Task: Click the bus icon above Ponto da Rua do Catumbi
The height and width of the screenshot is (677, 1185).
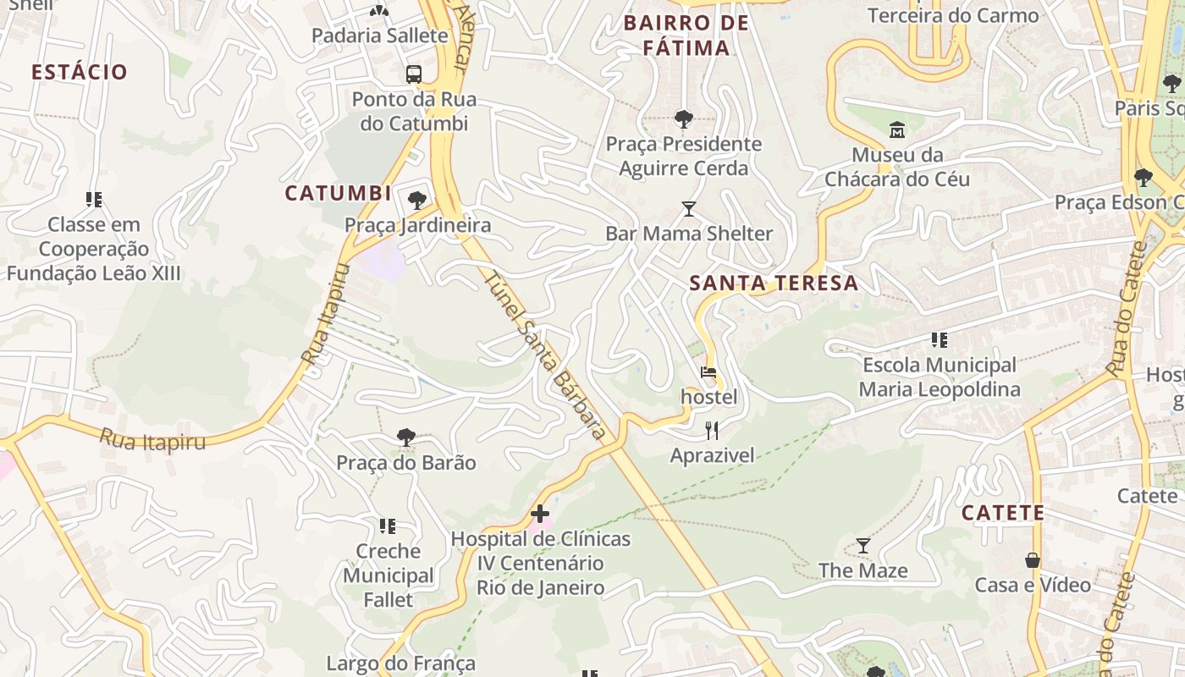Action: coord(414,74)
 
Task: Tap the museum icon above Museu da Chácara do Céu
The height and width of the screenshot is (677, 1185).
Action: coord(897,129)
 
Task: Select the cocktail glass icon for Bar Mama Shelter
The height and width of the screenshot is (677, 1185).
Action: coord(689,208)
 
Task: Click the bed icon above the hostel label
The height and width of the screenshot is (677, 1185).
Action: coord(708,372)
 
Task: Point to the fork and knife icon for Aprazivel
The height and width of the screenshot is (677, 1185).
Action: coord(712,431)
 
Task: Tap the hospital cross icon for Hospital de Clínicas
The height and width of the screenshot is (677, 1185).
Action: coord(540,514)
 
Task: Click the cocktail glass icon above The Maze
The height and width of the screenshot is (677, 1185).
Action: coord(863,546)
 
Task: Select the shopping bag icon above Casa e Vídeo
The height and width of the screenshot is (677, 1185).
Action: coord(1033,559)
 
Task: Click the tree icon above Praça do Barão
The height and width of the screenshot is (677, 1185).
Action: coord(406,437)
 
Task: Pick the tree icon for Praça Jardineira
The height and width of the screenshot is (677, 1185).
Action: coord(416,200)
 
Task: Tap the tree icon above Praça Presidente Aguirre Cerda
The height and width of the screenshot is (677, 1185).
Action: coord(683,118)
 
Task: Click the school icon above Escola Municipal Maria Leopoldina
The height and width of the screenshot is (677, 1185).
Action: coord(939,340)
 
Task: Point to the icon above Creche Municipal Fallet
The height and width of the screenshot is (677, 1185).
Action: coord(388,526)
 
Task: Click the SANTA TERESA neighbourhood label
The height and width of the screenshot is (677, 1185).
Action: coord(774,283)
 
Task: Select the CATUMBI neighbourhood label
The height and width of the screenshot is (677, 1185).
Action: coord(338,193)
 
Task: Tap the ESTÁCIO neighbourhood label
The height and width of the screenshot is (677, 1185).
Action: coord(80,72)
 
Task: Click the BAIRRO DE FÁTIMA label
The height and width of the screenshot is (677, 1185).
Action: coord(686,36)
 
